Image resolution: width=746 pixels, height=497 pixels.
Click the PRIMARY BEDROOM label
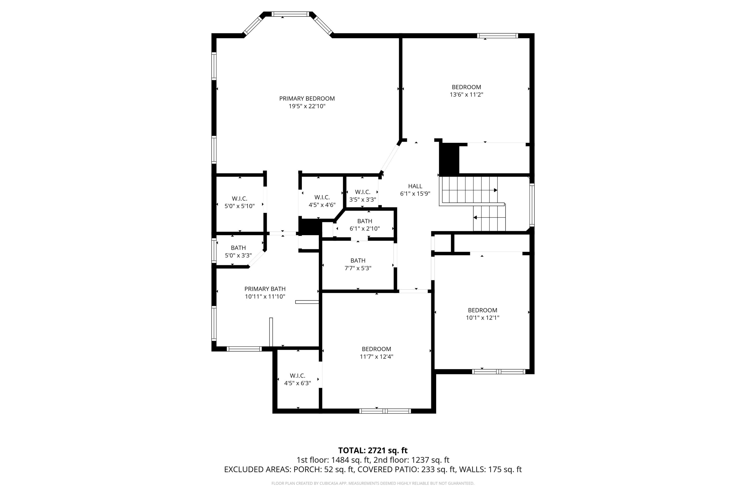(307, 99)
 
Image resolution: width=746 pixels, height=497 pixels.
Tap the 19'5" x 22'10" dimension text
(307, 106)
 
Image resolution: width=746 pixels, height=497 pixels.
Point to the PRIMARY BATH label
(265, 289)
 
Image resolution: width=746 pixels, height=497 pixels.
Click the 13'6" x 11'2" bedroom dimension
(466, 94)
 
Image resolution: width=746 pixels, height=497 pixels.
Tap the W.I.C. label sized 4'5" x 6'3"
(297, 375)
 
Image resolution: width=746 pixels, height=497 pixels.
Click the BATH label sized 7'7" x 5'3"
(358, 260)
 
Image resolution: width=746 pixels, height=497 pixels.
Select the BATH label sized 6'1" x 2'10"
(365, 221)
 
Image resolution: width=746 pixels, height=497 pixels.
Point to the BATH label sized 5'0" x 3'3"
(238, 248)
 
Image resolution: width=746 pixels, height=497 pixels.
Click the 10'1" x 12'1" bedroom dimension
(482, 318)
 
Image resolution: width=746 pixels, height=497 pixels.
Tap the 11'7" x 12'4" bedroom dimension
(376, 357)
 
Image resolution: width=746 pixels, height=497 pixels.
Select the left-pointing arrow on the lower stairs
(475, 218)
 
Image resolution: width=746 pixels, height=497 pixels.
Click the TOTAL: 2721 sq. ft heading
(373, 450)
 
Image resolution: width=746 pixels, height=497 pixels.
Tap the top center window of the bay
(290, 14)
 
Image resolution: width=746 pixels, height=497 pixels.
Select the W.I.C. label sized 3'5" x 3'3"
(363, 192)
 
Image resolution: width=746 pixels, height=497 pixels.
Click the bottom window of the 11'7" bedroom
(385, 411)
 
